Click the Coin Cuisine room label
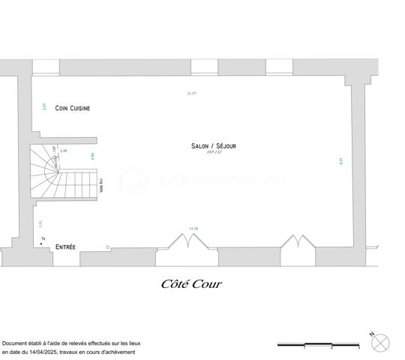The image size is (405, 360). tap(73, 108)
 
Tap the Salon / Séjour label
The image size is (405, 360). tap(213, 146)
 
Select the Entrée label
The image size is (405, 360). tap(65, 246)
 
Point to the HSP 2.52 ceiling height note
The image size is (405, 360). tap(214, 153)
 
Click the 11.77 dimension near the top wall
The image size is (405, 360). tap(191, 94)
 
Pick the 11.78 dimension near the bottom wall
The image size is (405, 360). tap(193, 228)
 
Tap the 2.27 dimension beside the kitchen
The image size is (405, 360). tap(44, 107)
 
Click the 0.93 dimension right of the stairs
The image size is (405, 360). tap(93, 156)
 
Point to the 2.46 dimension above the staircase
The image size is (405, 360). tap(64, 151)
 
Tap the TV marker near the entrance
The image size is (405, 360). tap(43, 238)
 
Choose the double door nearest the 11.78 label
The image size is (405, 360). tap(187, 241)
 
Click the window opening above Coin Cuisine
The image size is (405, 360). tap(46, 67)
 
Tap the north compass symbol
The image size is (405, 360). tap(380, 343)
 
